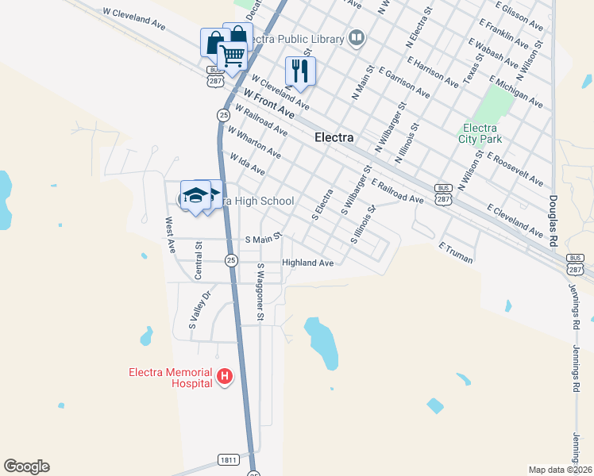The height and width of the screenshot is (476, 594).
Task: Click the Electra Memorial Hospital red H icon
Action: tap(225, 376)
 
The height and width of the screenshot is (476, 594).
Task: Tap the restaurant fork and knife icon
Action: tap(300, 70)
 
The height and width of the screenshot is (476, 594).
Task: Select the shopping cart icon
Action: tap(231, 55)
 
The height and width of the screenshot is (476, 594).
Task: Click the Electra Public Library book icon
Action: tap(357, 38)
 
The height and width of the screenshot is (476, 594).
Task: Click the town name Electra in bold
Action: tap(334, 137)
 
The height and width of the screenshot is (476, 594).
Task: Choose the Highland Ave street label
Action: tap(307, 263)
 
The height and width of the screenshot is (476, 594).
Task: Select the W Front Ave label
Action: tap(268, 104)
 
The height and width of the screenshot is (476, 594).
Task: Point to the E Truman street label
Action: tap(456, 253)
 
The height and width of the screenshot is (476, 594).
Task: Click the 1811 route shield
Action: tap(228, 460)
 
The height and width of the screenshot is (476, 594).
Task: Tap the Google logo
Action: tap(26, 466)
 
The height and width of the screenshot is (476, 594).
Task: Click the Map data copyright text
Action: tap(560, 470)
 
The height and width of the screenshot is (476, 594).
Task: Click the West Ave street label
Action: tap(169, 235)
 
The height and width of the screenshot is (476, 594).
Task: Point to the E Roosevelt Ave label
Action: tap(515, 169)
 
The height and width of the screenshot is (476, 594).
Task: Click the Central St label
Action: tap(199, 260)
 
